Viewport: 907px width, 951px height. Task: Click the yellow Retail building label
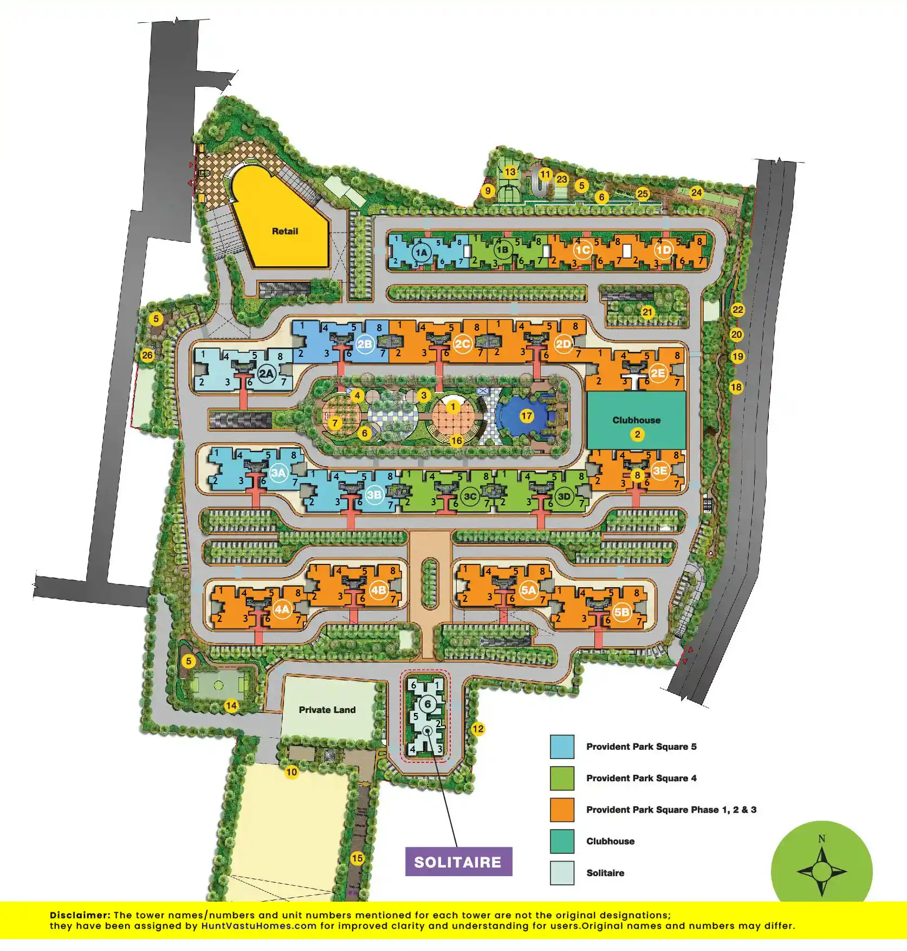(x=285, y=231)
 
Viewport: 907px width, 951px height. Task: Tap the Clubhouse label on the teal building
(x=636, y=420)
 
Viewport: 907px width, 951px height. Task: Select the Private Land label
(x=327, y=710)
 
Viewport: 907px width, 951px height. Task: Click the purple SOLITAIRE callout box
(x=458, y=862)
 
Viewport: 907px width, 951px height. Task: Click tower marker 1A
(x=421, y=252)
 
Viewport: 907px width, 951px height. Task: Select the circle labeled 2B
(x=365, y=344)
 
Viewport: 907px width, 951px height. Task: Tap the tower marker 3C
(x=470, y=496)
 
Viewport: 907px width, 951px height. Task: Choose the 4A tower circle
(x=282, y=609)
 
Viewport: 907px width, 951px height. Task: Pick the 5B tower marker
(x=622, y=612)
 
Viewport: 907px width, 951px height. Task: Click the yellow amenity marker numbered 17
(x=527, y=416)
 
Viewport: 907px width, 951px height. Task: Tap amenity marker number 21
(x=647, y=312)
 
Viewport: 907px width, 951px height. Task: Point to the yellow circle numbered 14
(x=231, y=705)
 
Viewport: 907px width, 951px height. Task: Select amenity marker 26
(x=147, y=356)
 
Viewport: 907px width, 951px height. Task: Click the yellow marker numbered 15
(x=357, y=858)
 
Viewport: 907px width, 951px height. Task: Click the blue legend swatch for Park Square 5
(x=562, y=747)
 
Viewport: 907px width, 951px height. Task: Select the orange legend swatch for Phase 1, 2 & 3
(x=562, y=809)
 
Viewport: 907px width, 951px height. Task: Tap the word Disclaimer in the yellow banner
(x=80, y=915)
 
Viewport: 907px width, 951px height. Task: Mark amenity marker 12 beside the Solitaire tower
(x=477, y=729)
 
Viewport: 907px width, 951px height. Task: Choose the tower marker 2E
(x=658, y=373)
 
